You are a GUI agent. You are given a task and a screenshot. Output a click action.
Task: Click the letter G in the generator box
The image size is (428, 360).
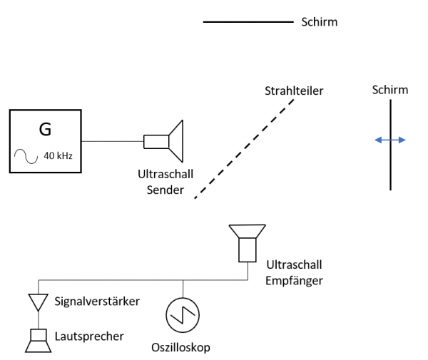tap(45, 130)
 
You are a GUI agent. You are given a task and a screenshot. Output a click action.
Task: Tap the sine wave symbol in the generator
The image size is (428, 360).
tap(27, 156)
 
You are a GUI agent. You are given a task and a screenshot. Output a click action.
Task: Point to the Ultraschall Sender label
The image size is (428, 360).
tap(165, 182)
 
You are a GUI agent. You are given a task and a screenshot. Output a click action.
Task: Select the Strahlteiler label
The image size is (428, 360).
tap(295, 91)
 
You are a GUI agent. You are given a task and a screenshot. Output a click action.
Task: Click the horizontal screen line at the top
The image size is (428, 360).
tap(248, 23)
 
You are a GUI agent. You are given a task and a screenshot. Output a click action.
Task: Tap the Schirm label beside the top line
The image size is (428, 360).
tap(319, 23)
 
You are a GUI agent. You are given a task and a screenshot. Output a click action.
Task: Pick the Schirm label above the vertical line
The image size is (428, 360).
tap(390, 90)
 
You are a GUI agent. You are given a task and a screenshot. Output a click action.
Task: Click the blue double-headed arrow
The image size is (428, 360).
tap(390, 140)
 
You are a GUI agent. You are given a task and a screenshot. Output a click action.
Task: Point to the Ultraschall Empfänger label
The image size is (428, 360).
tap(294, 272)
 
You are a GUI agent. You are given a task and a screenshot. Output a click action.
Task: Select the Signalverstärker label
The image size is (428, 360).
tap(96, 302)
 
